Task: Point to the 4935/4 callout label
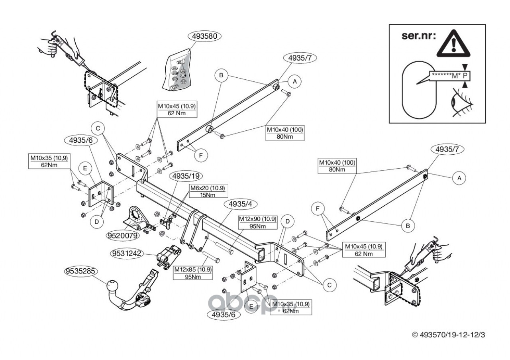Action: pos(241,204)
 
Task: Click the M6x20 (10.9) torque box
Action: pos(207,188)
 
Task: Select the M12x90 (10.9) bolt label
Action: pos(257,219)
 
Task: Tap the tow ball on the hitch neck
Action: pos(112,286)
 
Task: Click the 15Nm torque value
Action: pos(207,195)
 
